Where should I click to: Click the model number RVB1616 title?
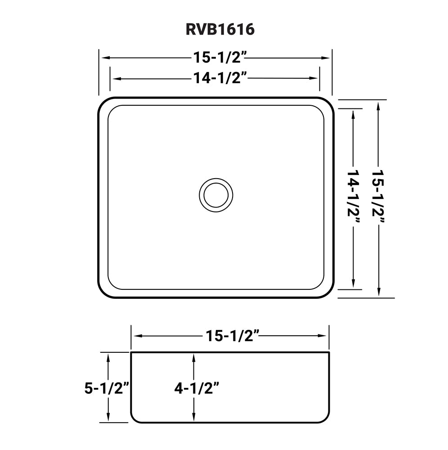pos(220,29)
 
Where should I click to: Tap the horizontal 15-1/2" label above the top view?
pos(220,58)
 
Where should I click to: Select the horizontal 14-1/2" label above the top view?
pos(220,78)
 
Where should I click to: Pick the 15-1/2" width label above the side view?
pos(233,336)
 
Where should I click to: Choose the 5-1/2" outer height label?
pos(107,387)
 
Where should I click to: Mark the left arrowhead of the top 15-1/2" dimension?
pos(103,58)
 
